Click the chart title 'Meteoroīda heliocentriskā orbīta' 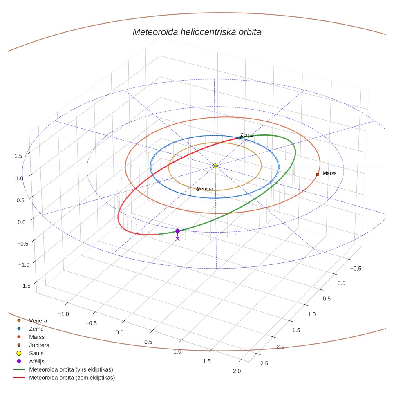[197, 32]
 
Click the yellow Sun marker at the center [215, 166]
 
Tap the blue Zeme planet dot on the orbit [239, 138]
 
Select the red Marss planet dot [317, 175]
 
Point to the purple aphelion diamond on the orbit [177, 231]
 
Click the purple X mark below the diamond [177, 239]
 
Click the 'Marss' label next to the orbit [329, 173]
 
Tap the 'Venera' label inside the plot [205, 189]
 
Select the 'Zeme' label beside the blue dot [247, 135]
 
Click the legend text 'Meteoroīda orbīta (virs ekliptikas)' [71, 369]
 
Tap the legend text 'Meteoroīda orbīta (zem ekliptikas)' [72, 378]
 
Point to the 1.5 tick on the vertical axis [18, 156]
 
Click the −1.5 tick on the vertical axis [25, 286]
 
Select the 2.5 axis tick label [264, 363]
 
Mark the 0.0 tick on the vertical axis [21, 222]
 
